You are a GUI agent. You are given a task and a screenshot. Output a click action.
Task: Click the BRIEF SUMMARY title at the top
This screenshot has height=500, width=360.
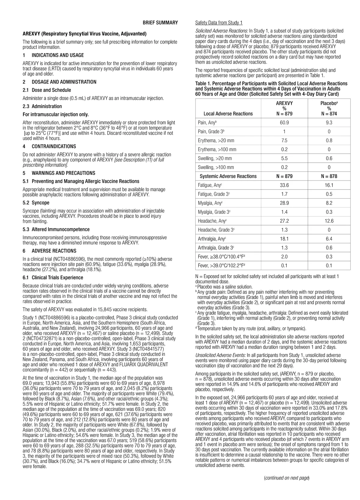point(160,23)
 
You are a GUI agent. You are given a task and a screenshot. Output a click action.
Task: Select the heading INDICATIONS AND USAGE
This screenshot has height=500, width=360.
point(58,55)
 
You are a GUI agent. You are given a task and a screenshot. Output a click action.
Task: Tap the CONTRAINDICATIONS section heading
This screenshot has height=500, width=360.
point(54,147)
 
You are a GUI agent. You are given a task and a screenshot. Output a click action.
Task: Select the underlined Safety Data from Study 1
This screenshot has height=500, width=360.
point(219,23)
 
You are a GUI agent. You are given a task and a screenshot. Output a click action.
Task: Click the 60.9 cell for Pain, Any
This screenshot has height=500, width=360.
point(284,123)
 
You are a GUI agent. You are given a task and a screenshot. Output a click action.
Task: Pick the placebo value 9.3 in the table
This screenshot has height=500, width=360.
point(329,123)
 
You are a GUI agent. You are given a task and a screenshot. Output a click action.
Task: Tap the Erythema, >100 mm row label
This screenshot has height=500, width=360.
point(217,150)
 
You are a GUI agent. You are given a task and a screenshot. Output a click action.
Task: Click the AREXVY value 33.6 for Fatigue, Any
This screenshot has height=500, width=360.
point(284,185)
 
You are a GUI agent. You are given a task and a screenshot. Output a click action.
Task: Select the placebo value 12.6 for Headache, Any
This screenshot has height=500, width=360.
point(329,221)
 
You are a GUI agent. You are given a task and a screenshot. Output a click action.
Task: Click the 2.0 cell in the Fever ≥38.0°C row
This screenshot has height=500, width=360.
point(284,257)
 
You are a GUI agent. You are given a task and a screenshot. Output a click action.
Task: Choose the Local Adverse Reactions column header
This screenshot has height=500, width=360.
point(228,114)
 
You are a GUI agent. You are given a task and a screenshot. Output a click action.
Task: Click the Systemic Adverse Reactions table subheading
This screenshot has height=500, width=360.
point(228,176)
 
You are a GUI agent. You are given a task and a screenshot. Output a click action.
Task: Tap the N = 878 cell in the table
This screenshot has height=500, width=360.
point(329,176)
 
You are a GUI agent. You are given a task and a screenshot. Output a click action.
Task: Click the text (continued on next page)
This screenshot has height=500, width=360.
point(286,478)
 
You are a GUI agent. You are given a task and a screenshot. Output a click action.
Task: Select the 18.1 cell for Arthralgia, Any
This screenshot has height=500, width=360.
point(284,239)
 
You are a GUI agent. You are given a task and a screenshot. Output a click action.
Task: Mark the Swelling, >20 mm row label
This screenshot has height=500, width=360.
point(215,159)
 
